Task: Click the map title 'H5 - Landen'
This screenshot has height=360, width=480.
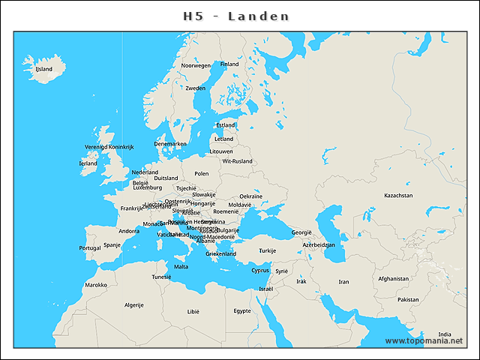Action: coord(236,16)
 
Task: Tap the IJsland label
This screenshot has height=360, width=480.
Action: coord(43,69)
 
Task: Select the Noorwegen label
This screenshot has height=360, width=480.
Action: coord(196,65)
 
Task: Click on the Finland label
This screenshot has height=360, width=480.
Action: coord(229,64)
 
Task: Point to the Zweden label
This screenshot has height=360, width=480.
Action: coord(195,88)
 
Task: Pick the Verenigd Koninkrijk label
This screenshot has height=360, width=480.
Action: coord(109,147)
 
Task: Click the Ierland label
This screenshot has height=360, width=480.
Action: coord(88,163)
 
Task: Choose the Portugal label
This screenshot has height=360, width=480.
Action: coord(89,247)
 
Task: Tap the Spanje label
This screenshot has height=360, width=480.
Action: coord(112,244)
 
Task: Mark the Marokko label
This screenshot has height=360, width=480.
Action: coord(95,285)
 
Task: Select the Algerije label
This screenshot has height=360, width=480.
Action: coord(133,305)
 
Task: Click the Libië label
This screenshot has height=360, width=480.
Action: coord(193,310)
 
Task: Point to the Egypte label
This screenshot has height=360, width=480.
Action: coord(241,310)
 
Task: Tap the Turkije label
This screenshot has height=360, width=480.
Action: coord(268,250)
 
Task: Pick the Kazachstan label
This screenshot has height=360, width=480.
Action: coord(398,195)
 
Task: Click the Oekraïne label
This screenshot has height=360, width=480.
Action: coord(250,196)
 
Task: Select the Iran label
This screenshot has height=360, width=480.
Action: coord(343,282)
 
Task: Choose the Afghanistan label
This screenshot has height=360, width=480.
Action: coord(394,278)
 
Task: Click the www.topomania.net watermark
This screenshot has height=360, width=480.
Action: coord(423,341)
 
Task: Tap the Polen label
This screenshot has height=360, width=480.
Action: coord(202,173)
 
